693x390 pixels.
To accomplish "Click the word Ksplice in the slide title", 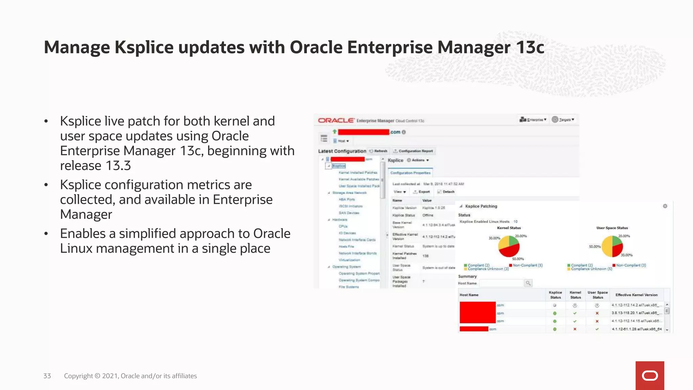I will (x=144, y=47).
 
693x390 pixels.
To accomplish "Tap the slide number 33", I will (x=47, y=376).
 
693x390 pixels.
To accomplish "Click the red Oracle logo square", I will (x=649, y=375).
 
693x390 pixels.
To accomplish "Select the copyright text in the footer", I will (x=130, y=376).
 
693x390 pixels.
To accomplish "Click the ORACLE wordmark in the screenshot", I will (x=336, y=121).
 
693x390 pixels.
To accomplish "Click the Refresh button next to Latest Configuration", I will (x=378, y=151).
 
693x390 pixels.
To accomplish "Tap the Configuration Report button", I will (x=413, y=151).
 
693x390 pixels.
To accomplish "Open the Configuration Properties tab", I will (x=410, y=173).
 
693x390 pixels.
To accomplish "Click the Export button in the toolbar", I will (x=422, y=192).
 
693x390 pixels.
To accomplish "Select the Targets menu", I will (x=563, y=120).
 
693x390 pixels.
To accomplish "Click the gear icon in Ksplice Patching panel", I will (x=665, y=206).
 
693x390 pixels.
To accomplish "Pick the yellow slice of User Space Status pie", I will (x=607, y=246).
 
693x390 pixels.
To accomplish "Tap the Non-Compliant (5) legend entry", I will (x=526, y=265).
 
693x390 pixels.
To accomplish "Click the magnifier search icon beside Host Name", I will (x=528, y=283).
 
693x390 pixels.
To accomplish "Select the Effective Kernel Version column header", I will (x=636, y=295).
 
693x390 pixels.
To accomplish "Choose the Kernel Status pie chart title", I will (x=509, y=228).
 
